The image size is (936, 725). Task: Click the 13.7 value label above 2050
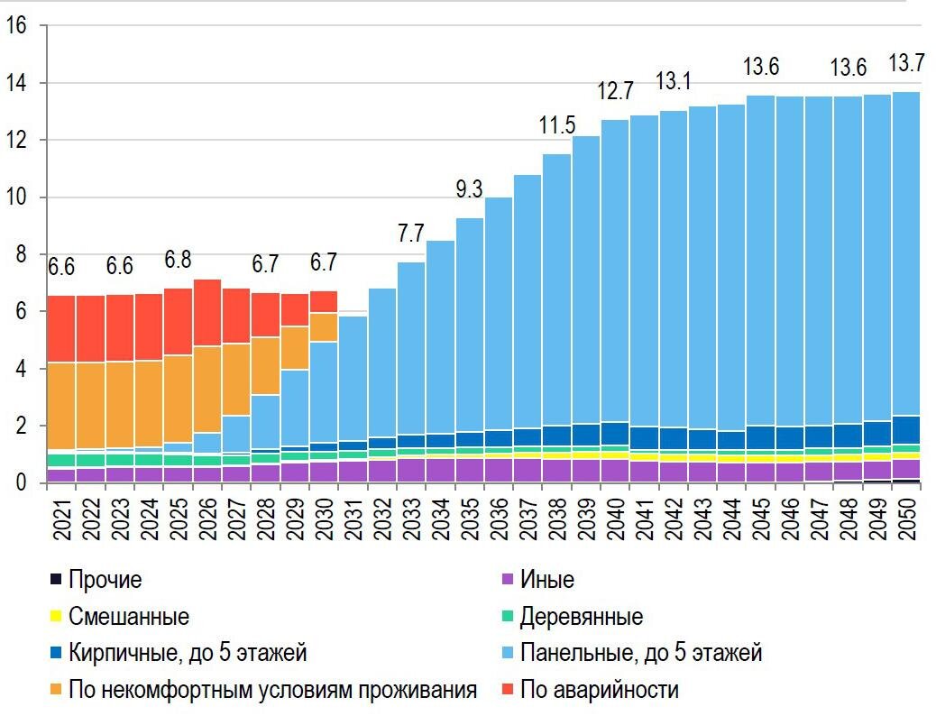[906, 64]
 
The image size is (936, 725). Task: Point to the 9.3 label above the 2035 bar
[469, 189]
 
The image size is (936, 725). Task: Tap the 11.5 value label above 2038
[557, 125]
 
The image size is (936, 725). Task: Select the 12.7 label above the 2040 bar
[616, 91]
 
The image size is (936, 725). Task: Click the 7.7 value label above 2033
[410, 233]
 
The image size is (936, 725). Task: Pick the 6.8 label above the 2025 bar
[178, 260]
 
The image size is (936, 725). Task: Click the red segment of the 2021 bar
[61, 329]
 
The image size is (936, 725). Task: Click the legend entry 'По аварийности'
[600, 691]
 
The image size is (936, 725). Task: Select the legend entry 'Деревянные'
[582, 617]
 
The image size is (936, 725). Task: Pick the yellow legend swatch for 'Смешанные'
[56, 618]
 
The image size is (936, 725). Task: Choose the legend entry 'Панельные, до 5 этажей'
[641, 653]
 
